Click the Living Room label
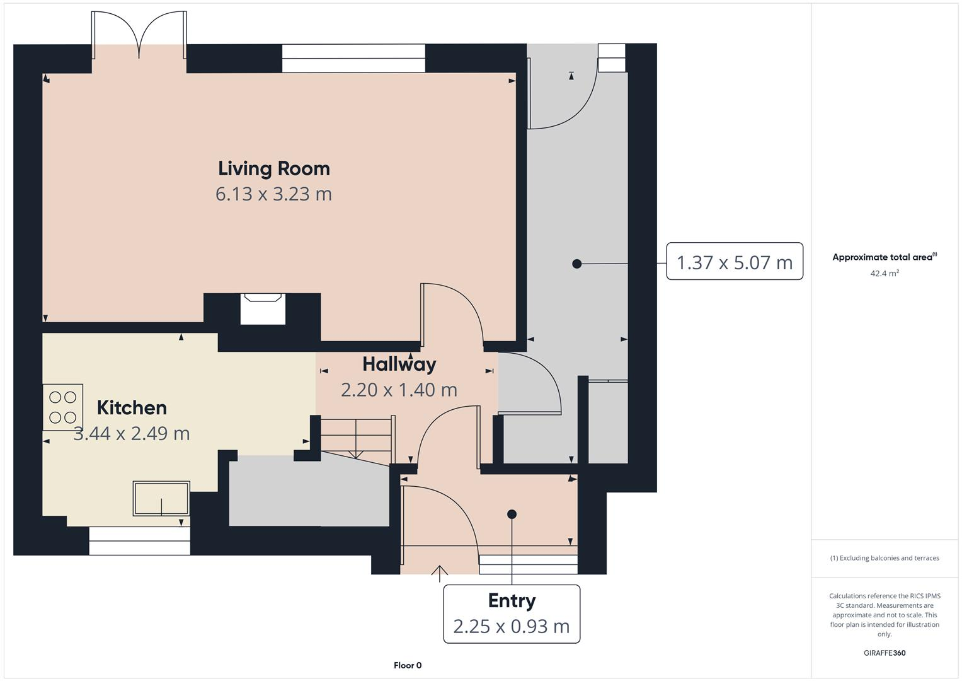click(x=273, y=168)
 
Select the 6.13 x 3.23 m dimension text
click(x=273, y=194)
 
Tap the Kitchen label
click(x=132, y=408)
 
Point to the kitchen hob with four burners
click(x=62, y=407)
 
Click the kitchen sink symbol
click(x=161, y=499)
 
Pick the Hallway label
click(x=399, y=364)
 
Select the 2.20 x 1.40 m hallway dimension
click(x=399, y=390)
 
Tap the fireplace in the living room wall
click(x=263, y=308)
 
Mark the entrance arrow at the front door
click(x=439, y=572)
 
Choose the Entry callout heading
click(x=512, y=601)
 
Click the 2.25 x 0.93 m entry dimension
click(x=512, y=626)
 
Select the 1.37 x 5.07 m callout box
click(x=734, y=262)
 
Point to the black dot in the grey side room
click(x=576, y=264)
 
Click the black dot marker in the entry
click(x=512, y=514)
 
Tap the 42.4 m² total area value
click(x=884, y=273)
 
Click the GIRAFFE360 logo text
click(x=884, y=653)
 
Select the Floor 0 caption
click(x=408, y=665)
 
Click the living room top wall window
click(x=353, y=58)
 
